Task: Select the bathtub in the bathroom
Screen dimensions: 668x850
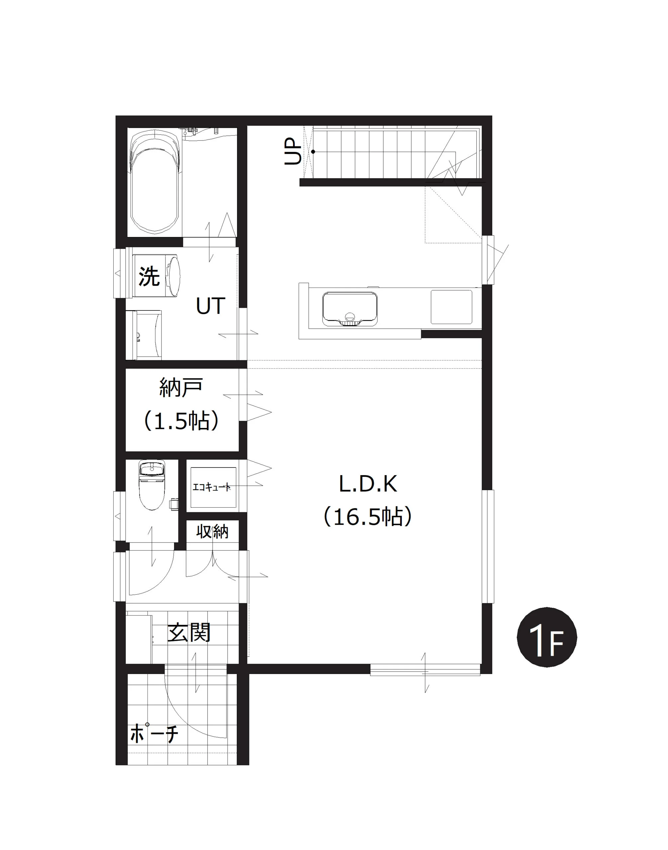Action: [155, 182]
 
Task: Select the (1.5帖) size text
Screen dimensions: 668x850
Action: [181, 421]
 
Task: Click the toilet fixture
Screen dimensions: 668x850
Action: [152, 485]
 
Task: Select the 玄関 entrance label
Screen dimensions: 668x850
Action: [189, 632]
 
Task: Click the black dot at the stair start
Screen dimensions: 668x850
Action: [313, 152]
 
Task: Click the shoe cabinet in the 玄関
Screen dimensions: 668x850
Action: [139, 638]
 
